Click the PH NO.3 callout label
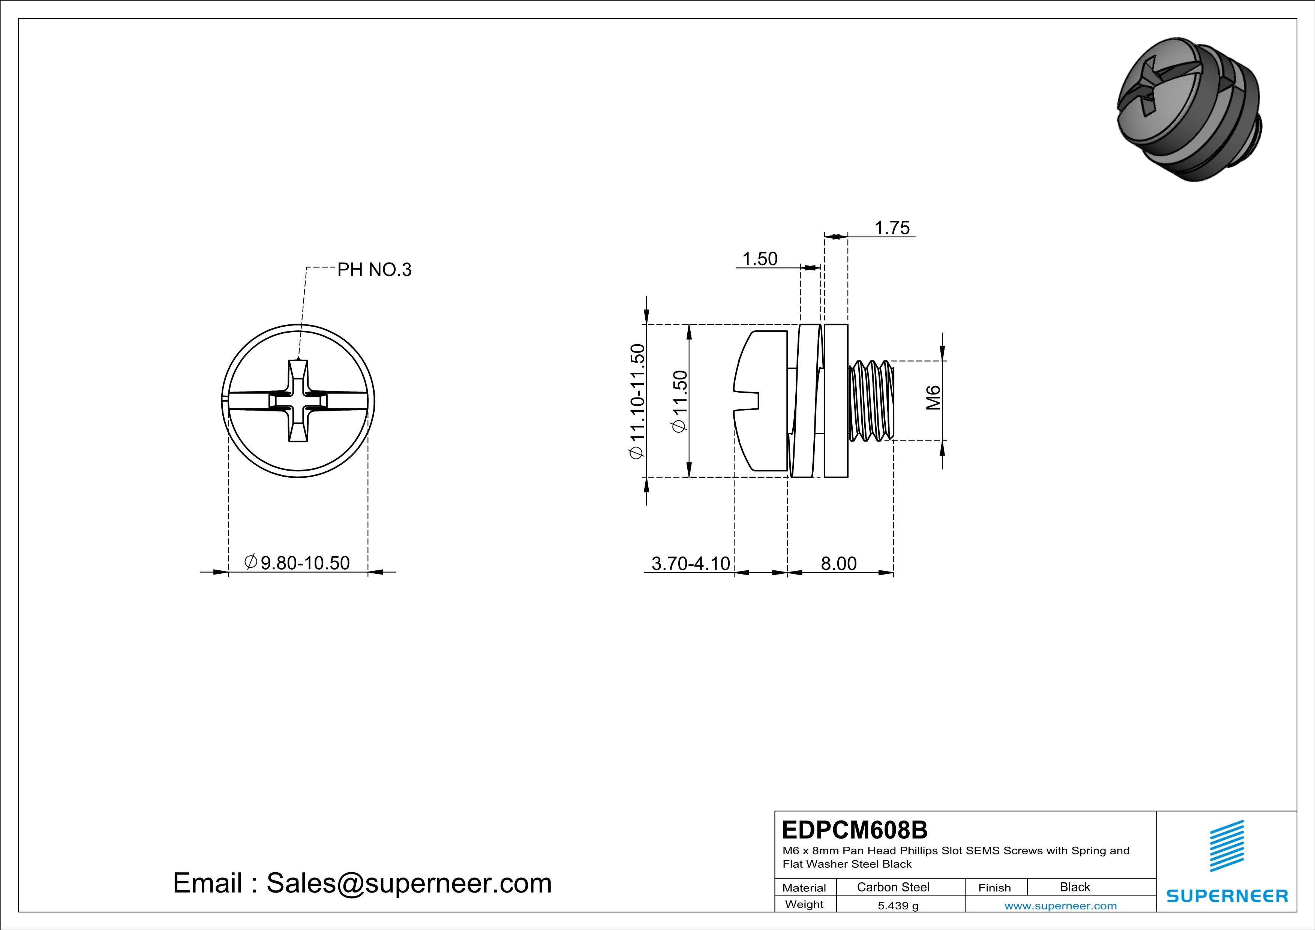[374, 270]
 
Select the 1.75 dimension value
[892, 228]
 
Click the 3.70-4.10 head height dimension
[691, 564]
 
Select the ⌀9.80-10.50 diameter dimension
[298, 563]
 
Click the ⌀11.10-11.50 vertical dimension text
[637, 401]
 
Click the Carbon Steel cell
[893, 887]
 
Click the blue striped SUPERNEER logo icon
[1226, 846]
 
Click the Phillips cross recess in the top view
[298, 401]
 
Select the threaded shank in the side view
[871, 401]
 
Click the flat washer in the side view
[836, 401]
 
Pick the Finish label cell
[994, 888]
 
